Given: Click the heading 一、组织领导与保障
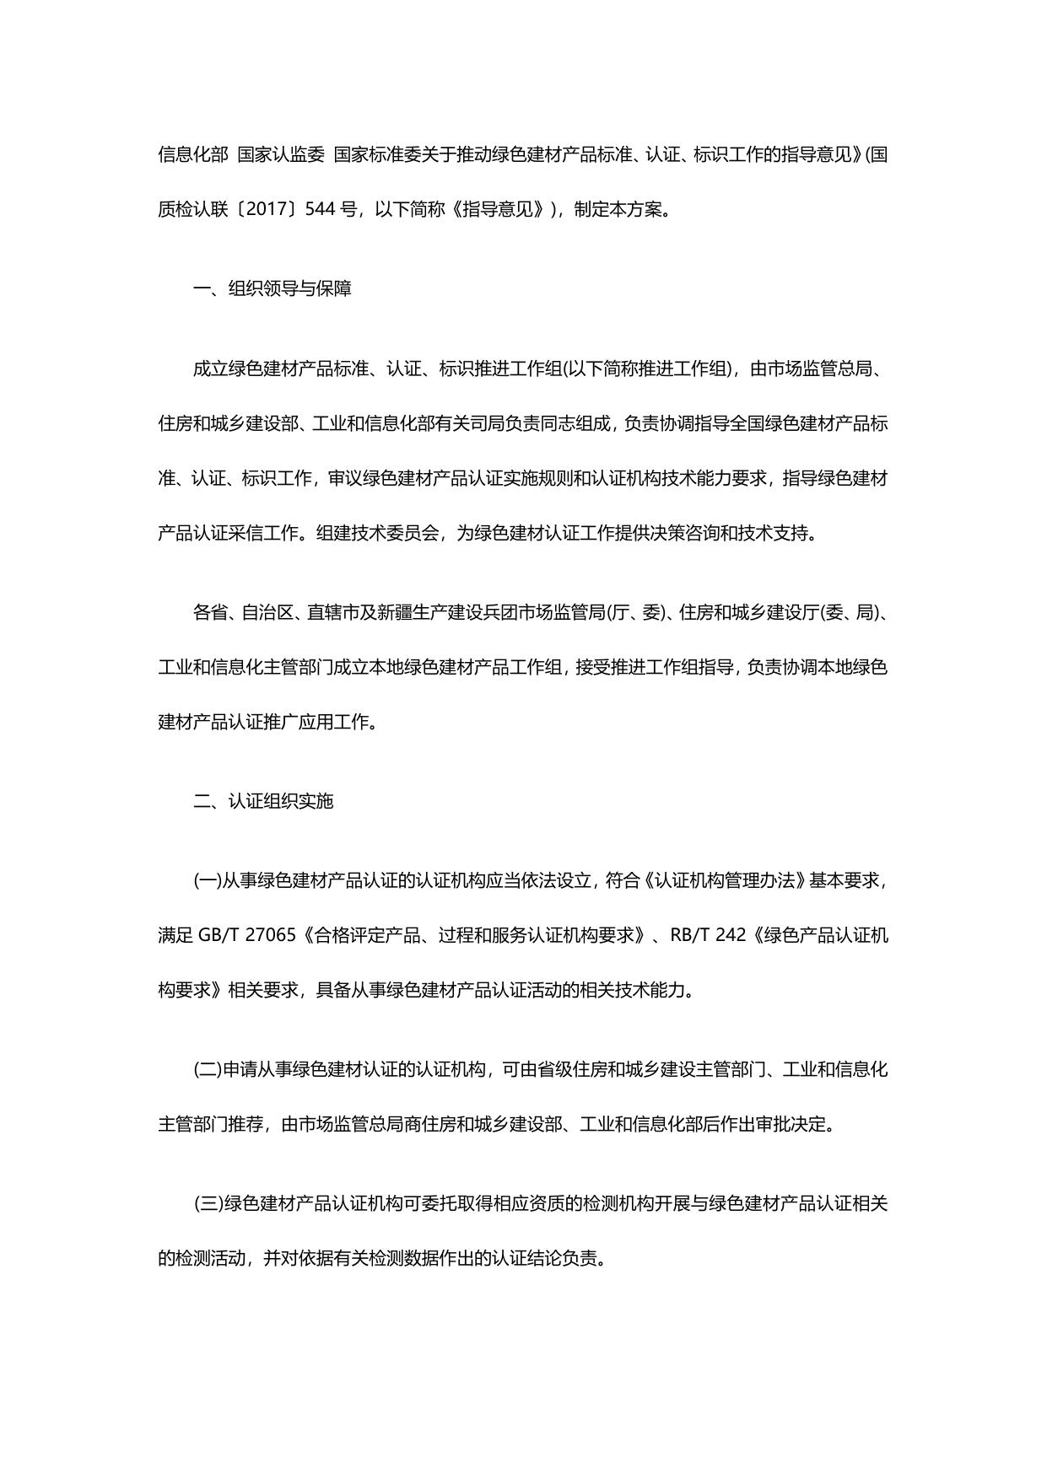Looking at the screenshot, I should pyautogui.click(x=273, y=289).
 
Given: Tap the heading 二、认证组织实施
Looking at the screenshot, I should pyautogui.click(x=263, y=800).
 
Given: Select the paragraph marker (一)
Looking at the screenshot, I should pyautogui.click(x=207, y=880).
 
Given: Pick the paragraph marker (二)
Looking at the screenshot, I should pyautogui.click(x=207, y=1070).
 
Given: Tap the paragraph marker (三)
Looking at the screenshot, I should pyautogui.click(x=207, y=1203).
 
